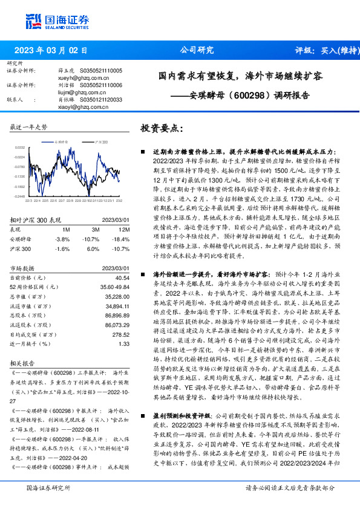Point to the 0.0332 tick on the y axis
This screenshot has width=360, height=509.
pyautogui.click(x=20, y=147)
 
